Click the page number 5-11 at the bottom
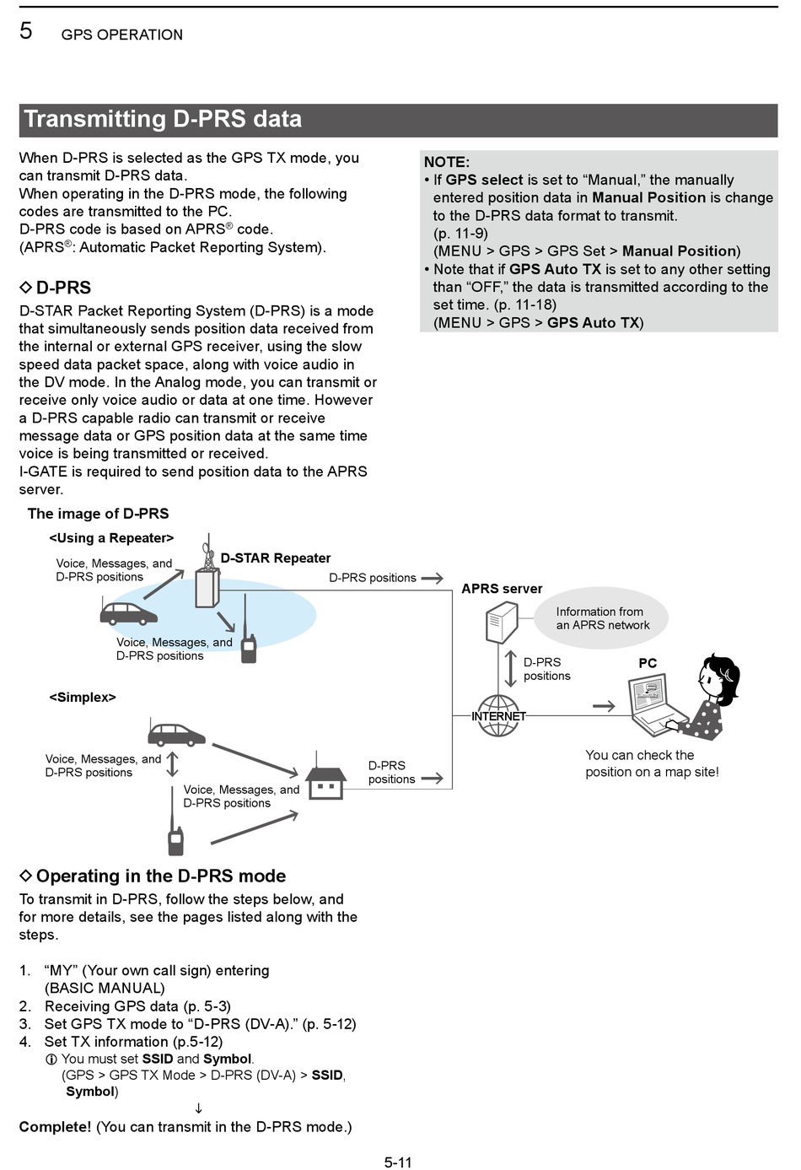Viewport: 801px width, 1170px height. click(398, 1162)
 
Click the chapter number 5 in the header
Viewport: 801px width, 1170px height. click(26, 31)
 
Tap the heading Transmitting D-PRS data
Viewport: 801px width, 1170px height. click(163, 119)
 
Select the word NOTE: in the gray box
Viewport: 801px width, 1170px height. click(446, 162)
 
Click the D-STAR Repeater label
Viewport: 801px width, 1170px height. click(276, 558)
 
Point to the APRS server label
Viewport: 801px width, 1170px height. click(502, 589)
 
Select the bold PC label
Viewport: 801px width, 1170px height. click(648, 663)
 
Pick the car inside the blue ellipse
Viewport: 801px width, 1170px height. click(128, 612)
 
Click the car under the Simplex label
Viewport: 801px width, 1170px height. click(175, 734)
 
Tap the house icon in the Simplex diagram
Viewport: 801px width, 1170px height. click(325, 781)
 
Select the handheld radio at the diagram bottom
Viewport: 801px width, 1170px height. click(175, 838)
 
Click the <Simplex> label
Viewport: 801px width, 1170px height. click(83, 697)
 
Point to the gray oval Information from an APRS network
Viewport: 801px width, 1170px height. click(602, 618)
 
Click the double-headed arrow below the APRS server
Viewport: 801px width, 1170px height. click(510, 669)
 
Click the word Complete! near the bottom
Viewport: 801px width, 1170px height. click(55, 1127)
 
